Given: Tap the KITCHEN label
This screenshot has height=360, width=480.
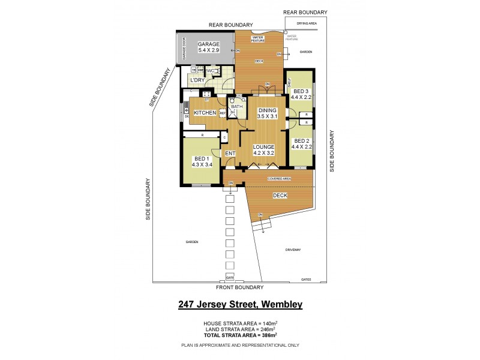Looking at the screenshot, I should (x=205, y=113).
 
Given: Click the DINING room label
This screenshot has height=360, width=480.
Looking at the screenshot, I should (x=268, y=110).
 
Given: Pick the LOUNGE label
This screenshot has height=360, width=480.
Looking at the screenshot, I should (x=263, y=146).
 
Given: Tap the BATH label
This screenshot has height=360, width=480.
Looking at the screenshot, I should (x=237, y=107).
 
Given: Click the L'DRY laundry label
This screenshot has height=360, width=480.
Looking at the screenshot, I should (x=197, y=80).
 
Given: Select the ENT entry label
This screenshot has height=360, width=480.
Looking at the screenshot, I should (x=230, y=154).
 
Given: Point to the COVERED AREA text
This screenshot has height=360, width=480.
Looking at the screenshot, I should (x=279, y=179).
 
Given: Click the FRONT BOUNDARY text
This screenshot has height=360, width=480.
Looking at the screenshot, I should (x=240, y=287).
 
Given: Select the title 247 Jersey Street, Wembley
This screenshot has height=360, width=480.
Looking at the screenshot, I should (x=240, y=305).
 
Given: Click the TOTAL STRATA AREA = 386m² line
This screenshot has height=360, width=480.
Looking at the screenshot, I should (x=240, y=336).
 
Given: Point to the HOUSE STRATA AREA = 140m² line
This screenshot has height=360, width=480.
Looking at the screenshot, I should (x=240, y=323).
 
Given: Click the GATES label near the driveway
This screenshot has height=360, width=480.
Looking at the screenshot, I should (x=307, y=280).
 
